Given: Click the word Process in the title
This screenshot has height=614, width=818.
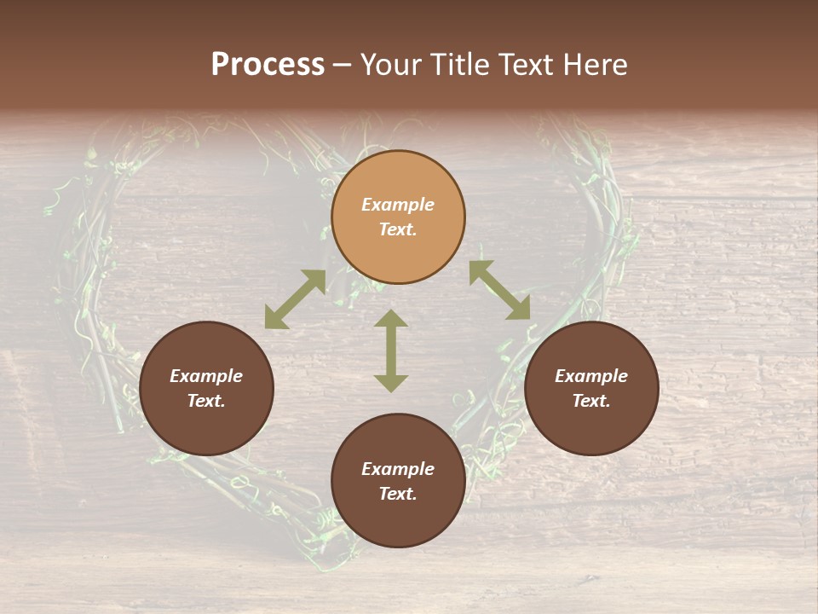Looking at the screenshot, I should pyautogui.click(x=268, y=65).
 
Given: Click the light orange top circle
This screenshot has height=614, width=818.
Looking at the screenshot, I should pyautogui.click(x=398, y=217).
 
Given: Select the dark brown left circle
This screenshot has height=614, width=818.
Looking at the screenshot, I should pyautogui.click(x=206, y=389).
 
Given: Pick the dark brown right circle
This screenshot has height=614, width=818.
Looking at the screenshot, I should pyautogui.click(x=591, y=389).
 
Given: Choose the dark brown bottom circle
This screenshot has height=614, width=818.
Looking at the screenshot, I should pyautogui.click(x=398, y=482).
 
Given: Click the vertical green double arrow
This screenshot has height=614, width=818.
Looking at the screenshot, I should pyautogui.click(x=391, y=350).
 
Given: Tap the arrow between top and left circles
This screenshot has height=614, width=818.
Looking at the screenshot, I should pyautogui.click(x=295, y=299).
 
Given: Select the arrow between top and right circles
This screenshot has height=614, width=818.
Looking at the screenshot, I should pyautogui.click(x=499, y=290).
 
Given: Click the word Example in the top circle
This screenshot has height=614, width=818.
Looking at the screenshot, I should pyautogui.click(x=398, y=205).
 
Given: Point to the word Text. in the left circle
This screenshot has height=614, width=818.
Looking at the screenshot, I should pyautogui.click(x=206, y=401).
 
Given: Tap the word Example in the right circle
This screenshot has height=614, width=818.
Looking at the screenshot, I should pyautogui.click(x=591, y=376).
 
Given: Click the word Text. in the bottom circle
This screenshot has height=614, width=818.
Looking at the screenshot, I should pyautogui.click(x=398, y=494).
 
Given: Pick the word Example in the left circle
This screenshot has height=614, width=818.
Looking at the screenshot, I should pyautogui.click(x=206, y=376).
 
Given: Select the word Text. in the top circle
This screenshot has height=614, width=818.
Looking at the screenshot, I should pyautogui.click(x=398, y=229).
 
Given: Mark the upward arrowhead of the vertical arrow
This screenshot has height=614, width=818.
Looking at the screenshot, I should pyautogui.click(x=391, y=319).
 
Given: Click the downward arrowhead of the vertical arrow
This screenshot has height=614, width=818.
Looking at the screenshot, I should pyautogui.click(x=391, y=383).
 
